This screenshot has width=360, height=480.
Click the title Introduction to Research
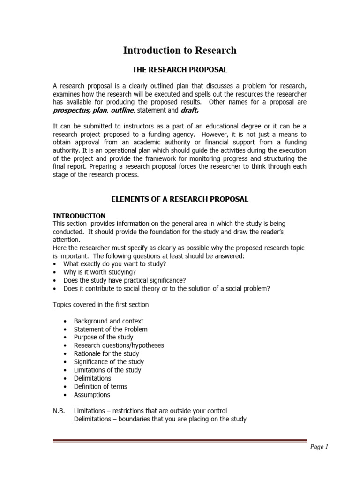point(180,50)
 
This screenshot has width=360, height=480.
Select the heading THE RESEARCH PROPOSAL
point(180,70)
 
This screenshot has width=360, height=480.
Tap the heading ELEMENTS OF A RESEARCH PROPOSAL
point(180,199)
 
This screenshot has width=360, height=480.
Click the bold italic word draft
point(190,110)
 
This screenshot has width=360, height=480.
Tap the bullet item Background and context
point(108,321)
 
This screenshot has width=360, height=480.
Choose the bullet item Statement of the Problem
point(111,329)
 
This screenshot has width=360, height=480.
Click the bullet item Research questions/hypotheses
point(119,345)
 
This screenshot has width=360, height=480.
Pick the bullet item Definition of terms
point(100,386)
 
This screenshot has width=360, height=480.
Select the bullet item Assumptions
point(92,395)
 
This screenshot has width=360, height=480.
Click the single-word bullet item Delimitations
point(92,378)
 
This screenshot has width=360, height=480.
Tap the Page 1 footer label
point(319,447)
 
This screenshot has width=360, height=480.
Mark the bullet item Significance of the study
point(109,362)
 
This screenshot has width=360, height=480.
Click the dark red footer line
point(180,441)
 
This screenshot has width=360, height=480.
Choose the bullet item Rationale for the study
point(106,353)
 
